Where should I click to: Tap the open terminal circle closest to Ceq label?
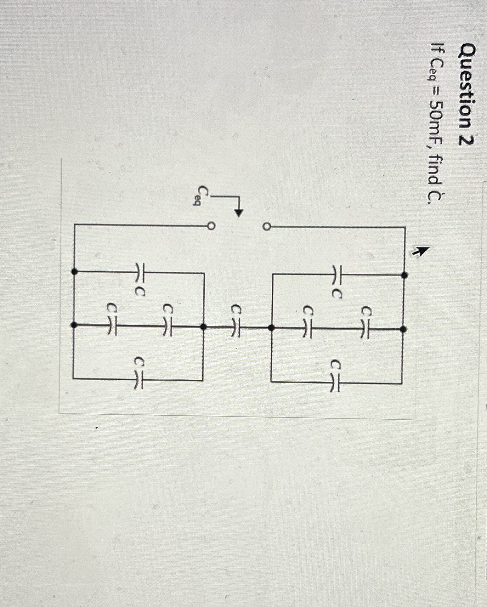211,226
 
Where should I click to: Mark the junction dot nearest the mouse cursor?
405,275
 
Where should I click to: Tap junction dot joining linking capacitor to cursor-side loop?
271,328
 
